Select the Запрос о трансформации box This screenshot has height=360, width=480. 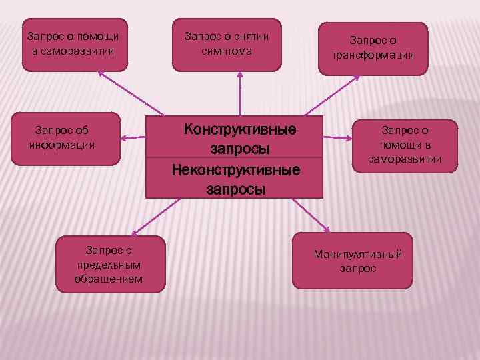pos(373,48)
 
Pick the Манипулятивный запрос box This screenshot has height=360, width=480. pos(358,260)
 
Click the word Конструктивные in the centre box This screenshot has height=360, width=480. pos(239,128)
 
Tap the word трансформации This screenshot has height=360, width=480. pos(373,55)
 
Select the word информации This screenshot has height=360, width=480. pos(62,144)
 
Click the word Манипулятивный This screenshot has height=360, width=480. pos(358,255)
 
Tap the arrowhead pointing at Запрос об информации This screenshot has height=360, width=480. pos(125,139)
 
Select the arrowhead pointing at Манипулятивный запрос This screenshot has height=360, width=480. pos(327,229)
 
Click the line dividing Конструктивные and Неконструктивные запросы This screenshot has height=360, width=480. pos(234,158)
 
